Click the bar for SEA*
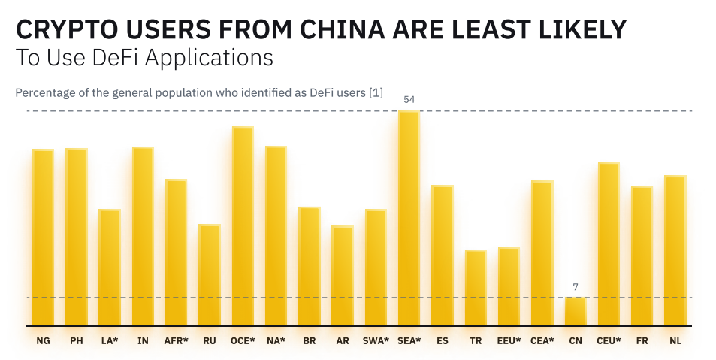[409, 218]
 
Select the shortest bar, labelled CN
[575, 311]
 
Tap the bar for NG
[43, 237]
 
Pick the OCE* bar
[243, 225]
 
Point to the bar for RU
[210, 274]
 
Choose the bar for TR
[476, 287]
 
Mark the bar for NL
[675, 250]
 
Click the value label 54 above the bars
[409, 99]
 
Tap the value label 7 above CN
[575, 286]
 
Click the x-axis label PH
[77, 341]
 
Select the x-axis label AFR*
[176, 341]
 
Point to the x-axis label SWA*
[376, 341]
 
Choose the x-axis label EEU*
[509, 341]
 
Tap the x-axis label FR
[642, 341]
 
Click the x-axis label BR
[309, 341]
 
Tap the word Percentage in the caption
[43, 93]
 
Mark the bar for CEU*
[609, 244]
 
